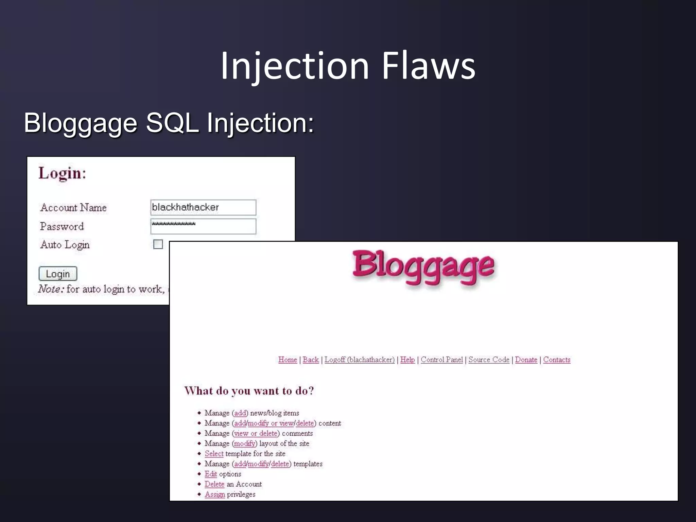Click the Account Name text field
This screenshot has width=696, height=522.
[203, 207]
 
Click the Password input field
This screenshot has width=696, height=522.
[203, 226]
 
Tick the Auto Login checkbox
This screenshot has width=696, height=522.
[158, 244]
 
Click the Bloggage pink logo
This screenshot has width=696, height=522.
[423, 267]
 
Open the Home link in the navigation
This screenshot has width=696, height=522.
[288, 360]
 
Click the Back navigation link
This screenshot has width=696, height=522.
[311, 360]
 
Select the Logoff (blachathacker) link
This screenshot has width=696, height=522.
[360, 360]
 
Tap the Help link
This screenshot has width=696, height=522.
[407, 360]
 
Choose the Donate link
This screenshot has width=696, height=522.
[526, 360]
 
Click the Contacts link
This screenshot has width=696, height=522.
[557, 360]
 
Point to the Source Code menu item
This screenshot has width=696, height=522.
[489, 360]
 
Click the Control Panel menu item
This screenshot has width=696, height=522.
[442, 360]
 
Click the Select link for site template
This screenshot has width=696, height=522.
[214, 454]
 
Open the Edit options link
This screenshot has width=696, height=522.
[211, 474]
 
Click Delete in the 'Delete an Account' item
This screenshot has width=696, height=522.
[214, 484]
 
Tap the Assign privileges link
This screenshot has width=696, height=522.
[215, 494]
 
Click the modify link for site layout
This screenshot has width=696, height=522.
[245, 443]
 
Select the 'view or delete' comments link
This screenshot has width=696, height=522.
[256, 433]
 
